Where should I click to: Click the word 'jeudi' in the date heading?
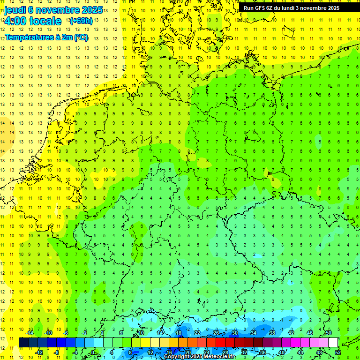click(15, 10)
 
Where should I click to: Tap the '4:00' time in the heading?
click(16, 21)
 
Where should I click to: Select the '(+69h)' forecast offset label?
click(81, 21)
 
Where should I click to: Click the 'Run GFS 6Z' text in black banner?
click(258, 8)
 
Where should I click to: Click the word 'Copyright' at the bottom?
click(178, 357)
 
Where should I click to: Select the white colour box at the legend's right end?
click(333, 343)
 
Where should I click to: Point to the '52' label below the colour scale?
click(338, 352)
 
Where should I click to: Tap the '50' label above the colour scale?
click(329, 333)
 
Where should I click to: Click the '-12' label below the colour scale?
click(39, 352)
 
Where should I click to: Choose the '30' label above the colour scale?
click(235, 333)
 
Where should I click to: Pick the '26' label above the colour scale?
click(216, 333)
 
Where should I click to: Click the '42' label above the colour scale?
click(291, 333)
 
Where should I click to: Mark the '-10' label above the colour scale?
click(48, 333)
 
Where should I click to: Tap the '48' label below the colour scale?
click(319, 352)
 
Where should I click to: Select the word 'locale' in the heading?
click(45, 21)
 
